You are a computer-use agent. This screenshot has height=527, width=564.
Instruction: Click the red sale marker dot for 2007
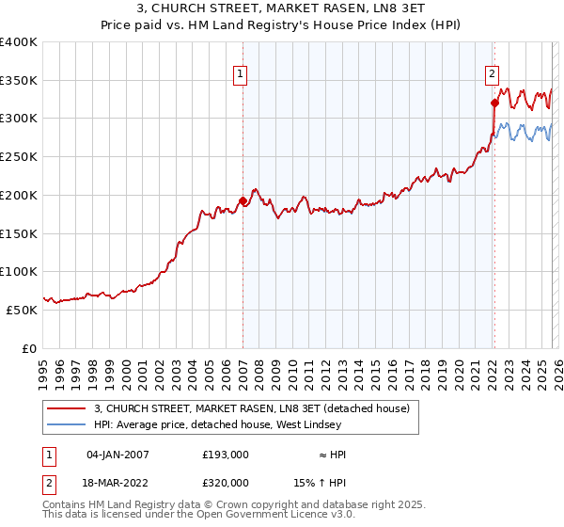coord(243,200)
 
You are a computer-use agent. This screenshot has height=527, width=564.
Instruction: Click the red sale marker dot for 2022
coord(494,104)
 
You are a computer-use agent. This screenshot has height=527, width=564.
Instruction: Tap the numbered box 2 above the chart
coord(492,71)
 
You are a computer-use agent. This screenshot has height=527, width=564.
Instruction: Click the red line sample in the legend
coord(67,409)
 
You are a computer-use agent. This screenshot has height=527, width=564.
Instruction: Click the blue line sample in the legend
coord(67,425)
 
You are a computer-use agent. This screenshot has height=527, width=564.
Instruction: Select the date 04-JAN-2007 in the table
coord(117,455)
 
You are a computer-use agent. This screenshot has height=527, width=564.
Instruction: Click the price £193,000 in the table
coord(226,455)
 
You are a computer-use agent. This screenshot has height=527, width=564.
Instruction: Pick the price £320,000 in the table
coord(226,482)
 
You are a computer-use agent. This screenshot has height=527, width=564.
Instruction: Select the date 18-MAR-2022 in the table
coord(117,482)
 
